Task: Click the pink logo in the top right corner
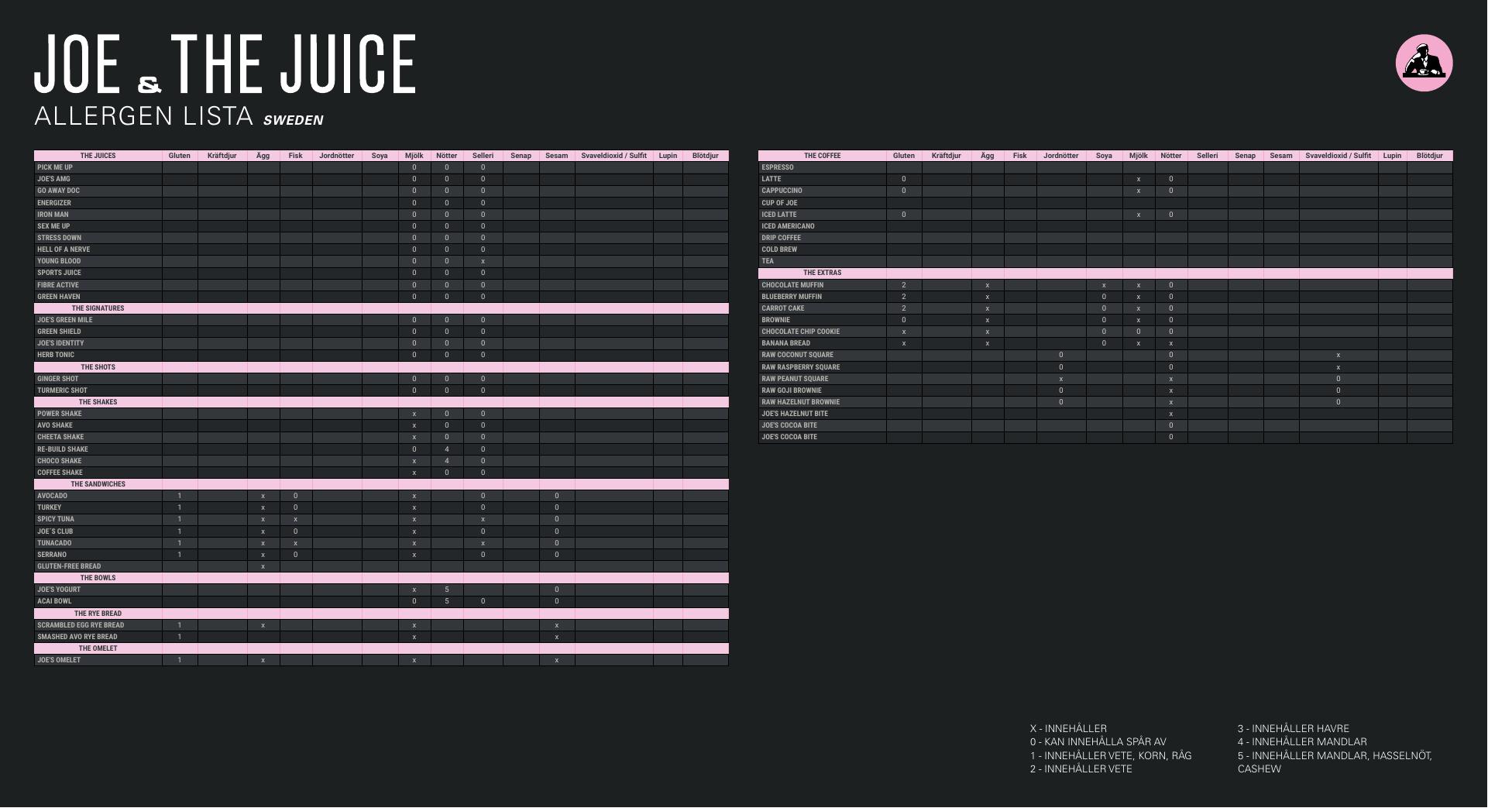(x=1424, y=63)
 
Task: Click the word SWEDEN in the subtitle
(x=293, y=120)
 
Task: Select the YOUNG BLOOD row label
(x=59, y=261)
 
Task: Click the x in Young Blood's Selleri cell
(x=483, y=261)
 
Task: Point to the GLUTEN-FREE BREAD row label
(x=69, y=566)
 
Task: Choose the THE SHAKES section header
(x=98, y=402)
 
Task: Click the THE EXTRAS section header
(x=822, y=273)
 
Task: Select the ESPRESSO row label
(x=777, y=167)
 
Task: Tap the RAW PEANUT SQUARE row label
(x=795, y=379)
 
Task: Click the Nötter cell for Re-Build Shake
(x=447, y=449)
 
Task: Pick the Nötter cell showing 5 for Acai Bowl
(x=447, y=601)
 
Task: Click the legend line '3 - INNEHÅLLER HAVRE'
(x=1293, y=728)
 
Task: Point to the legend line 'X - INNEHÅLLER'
(x=1068, y=728)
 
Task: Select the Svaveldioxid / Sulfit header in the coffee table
(x=1338, y=156)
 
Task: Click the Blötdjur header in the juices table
(x=705, y=156)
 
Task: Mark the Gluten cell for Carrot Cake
(x=903, y=308)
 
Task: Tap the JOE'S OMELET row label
(x=59, y=660)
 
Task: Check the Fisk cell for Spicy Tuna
(x=296, y=519)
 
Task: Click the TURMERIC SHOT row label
(x=62, y=390)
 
